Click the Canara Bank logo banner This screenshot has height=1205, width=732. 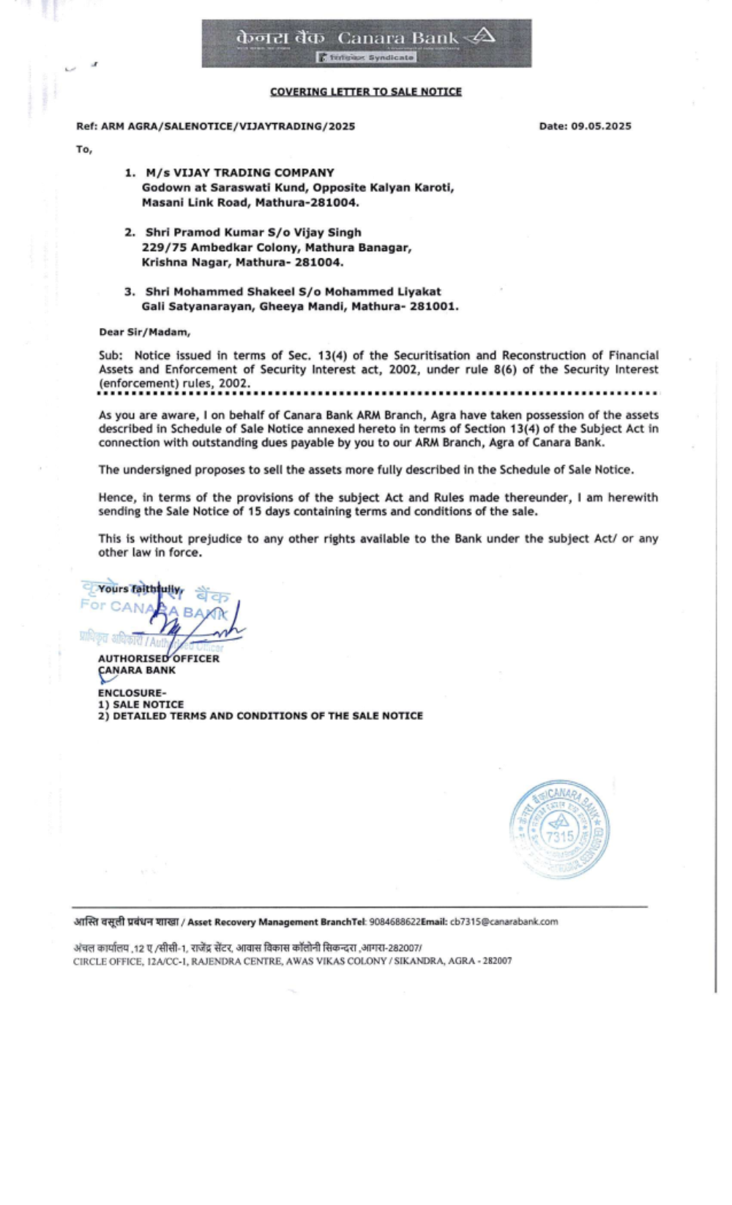[366, 43]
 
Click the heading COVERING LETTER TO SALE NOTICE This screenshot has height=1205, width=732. [365, 92]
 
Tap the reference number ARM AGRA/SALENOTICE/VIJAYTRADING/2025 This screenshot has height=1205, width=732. [228, 126]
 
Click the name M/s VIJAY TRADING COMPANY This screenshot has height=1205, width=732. [239, 173]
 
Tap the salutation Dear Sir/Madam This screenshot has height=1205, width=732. [144, 332]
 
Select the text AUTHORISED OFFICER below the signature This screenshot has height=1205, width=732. [158, 658]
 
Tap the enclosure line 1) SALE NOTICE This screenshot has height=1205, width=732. [141, 704]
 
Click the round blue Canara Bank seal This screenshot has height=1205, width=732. [559, 829]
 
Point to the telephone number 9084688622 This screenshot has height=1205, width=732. [395, 922]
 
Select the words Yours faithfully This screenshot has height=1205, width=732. [140, 589]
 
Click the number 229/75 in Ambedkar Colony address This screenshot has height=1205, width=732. [164, 247]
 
